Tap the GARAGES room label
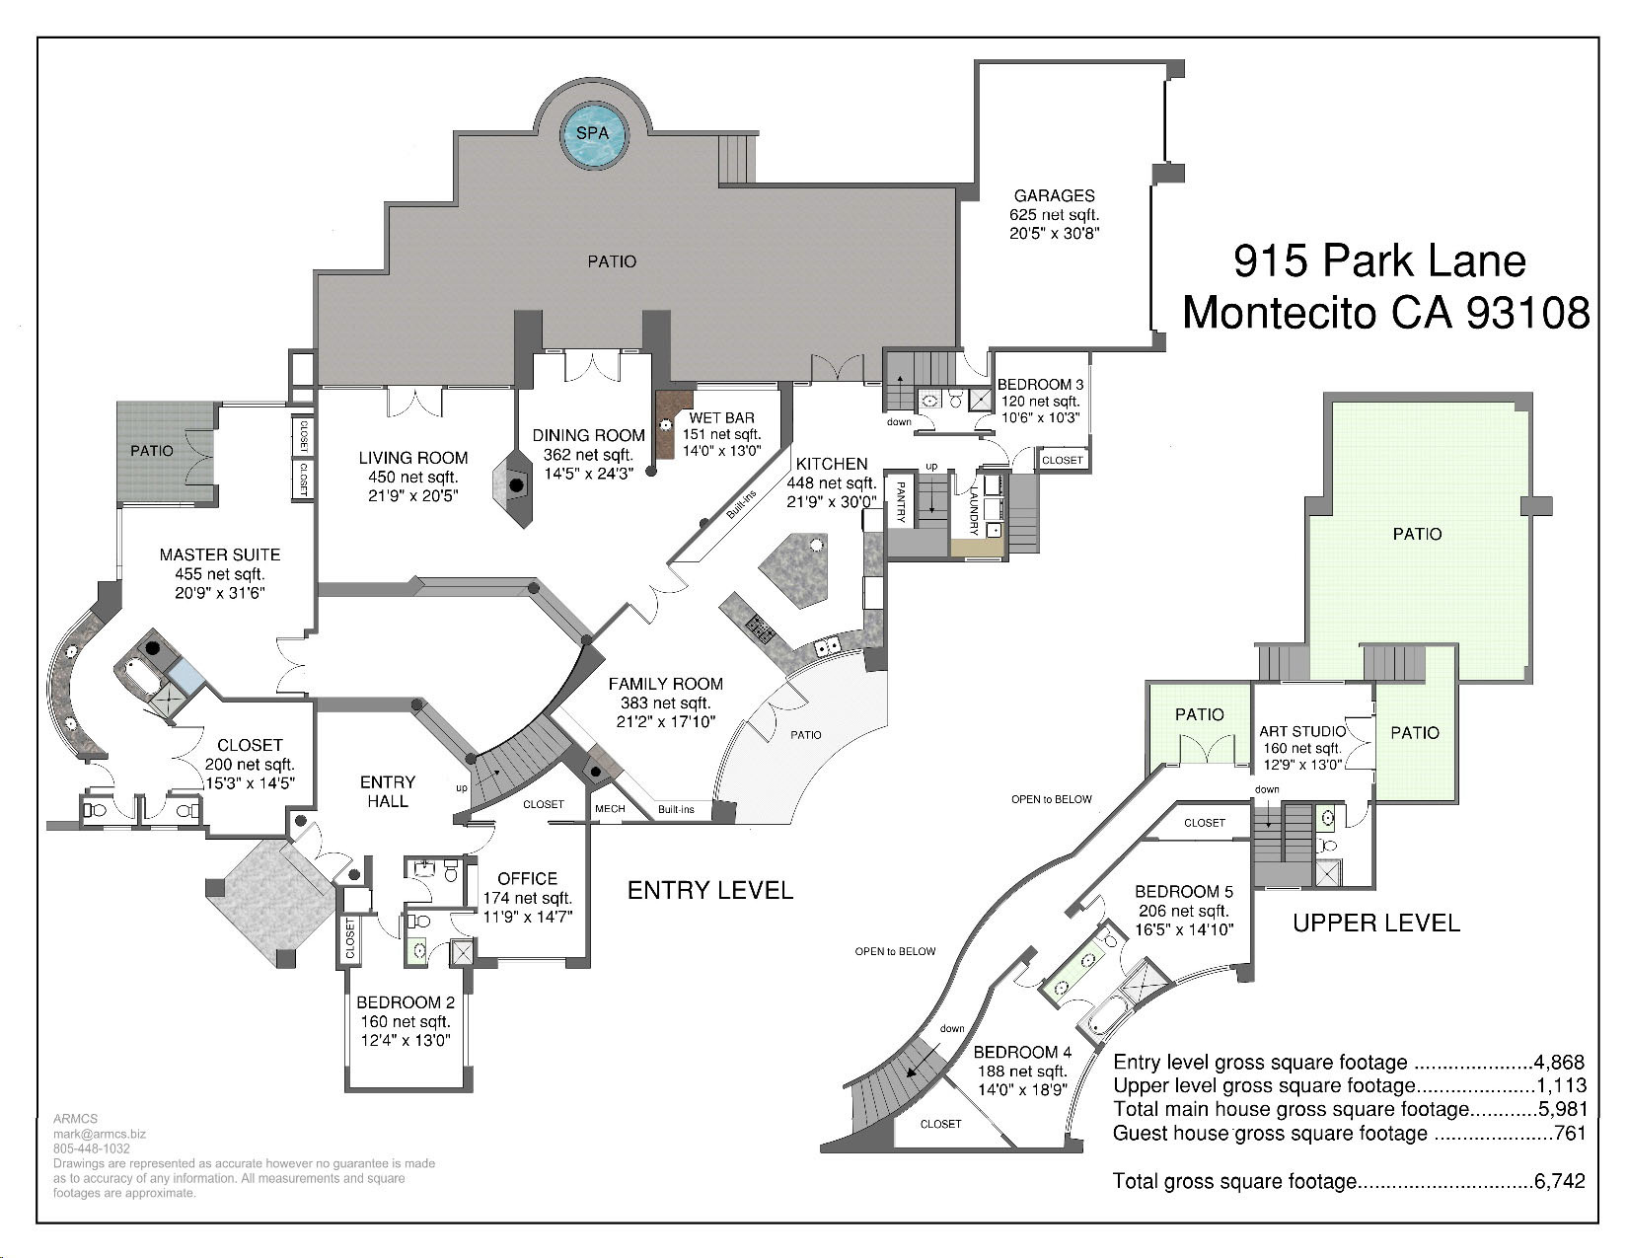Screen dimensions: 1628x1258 click(1054, 195)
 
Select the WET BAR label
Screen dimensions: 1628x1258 click(721, 417)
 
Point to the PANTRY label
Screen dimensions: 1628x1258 click(900, 501)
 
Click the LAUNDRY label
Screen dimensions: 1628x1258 click(974, 511)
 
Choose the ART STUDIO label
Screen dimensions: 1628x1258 click(1302, 731)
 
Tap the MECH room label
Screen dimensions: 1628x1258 click(610, 808)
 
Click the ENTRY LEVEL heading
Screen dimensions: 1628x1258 click(709, 890)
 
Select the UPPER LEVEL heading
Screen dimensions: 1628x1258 click(1376, 924)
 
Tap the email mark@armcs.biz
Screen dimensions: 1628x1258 click(100, 1134)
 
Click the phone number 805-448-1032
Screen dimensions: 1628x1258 click(92, 1148)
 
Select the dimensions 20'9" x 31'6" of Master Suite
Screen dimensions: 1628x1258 click(219, 593)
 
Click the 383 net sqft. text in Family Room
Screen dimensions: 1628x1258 click(665, 703)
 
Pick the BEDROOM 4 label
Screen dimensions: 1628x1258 click(1022, 1052)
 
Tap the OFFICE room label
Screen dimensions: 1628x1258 click(528, 878)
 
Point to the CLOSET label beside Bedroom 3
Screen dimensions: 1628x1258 click(1062, 460)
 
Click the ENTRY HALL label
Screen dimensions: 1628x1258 click(388, 791)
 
